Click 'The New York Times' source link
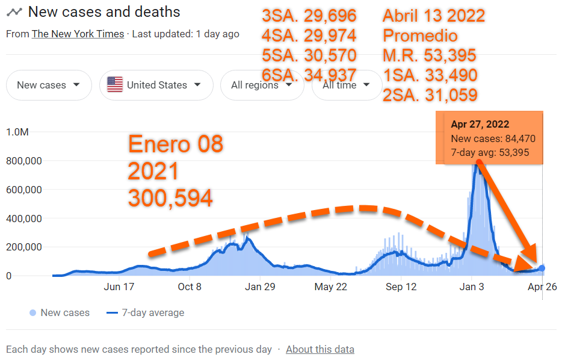point(78,34)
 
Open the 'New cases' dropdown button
point(49,85)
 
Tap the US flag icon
point(115,85)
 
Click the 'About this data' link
point(320,349)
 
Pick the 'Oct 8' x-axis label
point(190,287)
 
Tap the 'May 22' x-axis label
point(332,287)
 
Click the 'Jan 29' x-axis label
point(261,287)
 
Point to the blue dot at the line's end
point(542,268)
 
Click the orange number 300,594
point(170,198)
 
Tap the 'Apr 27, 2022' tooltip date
point(480,125)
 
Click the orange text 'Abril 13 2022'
point(434,16)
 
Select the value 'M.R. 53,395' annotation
point(430,55)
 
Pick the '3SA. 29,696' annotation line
point(309,16)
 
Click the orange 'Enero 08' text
point(176,144)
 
